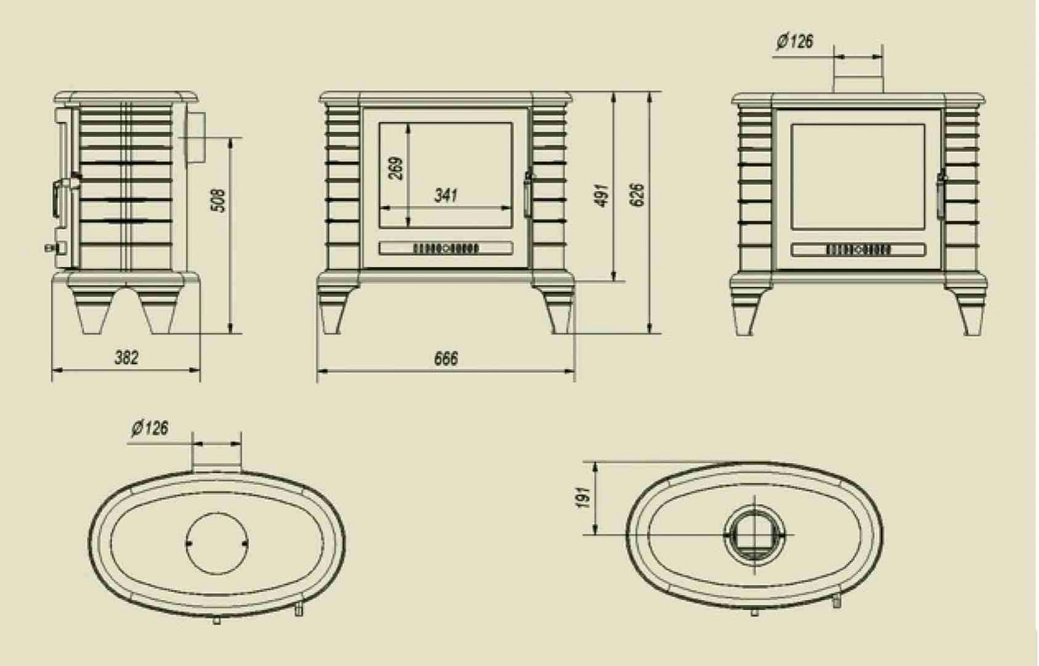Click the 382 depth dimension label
[x=126, y=357]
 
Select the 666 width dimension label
[x=446, y=358]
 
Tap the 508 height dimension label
[x=220, y=200]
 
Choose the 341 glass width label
[x=446, y=195]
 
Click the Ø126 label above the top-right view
[x=795, y=41]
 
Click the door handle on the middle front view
[x=528, y=192]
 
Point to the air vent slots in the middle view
[x=445, y=248]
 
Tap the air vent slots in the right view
[x=858, y=250]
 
